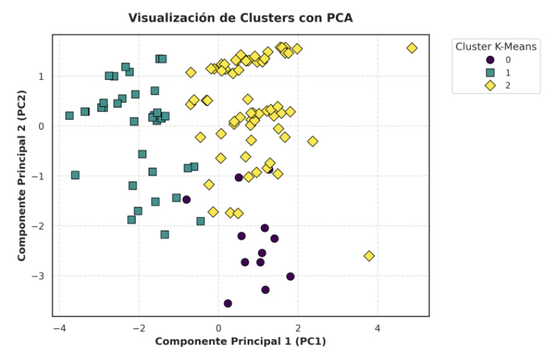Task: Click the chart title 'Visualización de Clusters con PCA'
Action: click(241, 18)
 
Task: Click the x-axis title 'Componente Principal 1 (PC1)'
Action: click(241, 342)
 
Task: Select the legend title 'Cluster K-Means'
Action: click(496, 46)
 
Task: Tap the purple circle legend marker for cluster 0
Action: click(490, 60)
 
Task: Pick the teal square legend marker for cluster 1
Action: click(490, 72)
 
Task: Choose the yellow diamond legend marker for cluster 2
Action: click(490, 85)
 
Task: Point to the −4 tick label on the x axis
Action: click(59, 328)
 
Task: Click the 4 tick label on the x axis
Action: click(378, 328)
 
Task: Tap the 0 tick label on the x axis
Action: click(218, 328)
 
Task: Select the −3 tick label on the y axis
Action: click(41, 276)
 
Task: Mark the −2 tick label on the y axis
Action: click(41, 226)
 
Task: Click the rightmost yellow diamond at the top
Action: click(412, 48)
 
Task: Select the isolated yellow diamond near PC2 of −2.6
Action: click(369, 256)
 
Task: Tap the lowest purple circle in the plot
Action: click(228, 304)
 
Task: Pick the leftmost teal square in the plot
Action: click(69, 116)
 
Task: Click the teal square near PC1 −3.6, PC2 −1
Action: click(75, 175)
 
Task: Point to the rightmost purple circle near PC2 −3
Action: click(290, 276)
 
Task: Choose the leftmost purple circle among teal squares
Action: click(187, 199)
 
